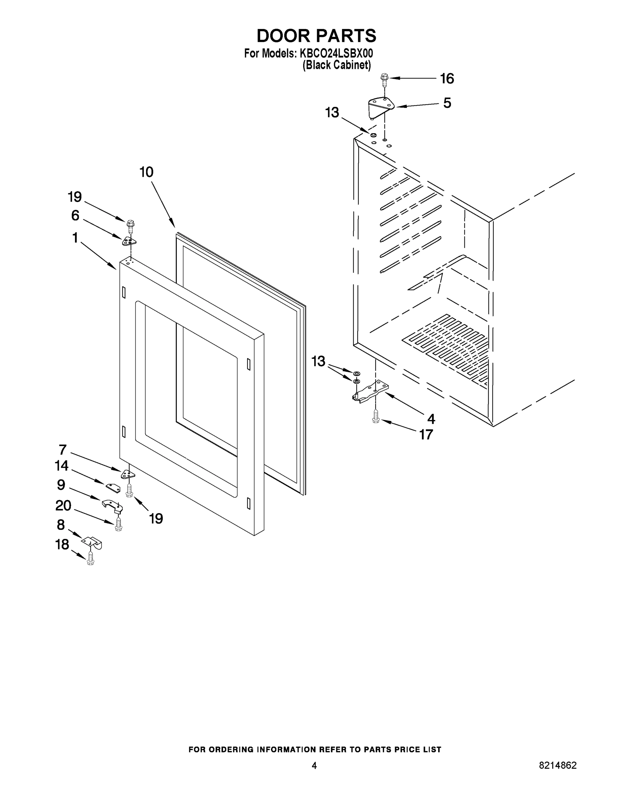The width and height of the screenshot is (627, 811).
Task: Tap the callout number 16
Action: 447,79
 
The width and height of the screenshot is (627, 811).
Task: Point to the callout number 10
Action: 146,172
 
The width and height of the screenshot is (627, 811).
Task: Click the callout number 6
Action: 75,215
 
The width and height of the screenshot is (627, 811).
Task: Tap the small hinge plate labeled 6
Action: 129,241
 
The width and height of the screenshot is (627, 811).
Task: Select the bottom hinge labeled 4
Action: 371,392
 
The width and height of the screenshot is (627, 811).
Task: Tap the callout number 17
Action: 426,435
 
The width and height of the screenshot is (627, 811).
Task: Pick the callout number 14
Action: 62,466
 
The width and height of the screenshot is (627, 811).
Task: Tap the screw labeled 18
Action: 90,559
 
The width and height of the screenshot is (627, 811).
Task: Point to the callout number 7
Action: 63,450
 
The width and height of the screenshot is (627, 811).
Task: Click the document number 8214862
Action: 557,765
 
